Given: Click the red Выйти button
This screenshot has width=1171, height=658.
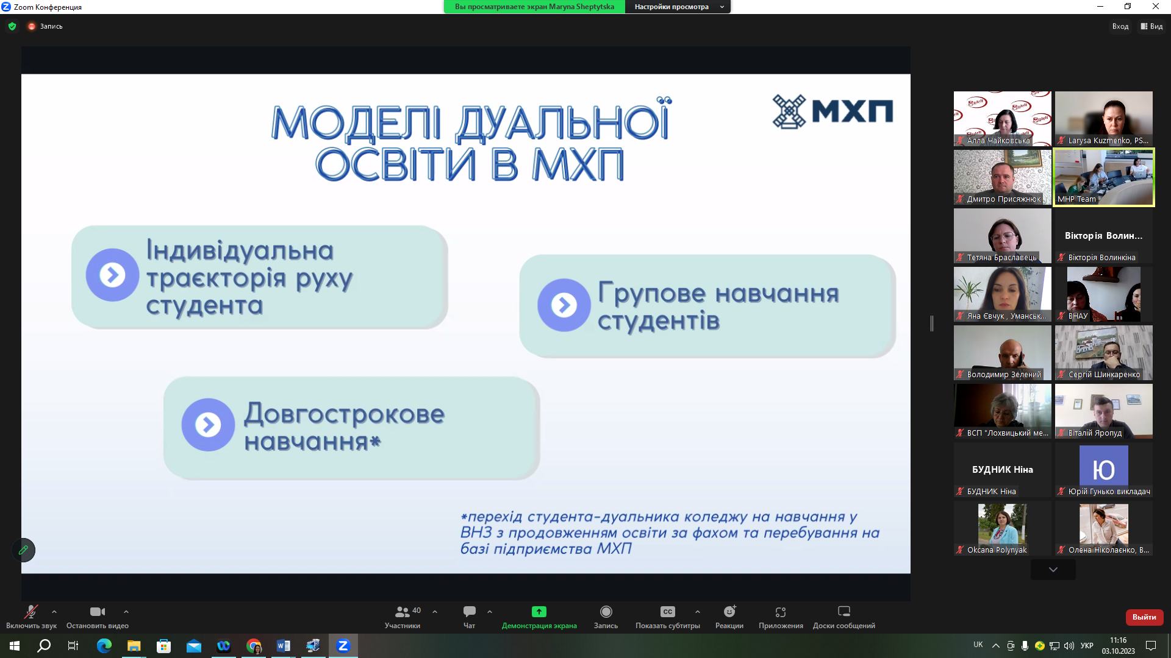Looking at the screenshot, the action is (1144, 617).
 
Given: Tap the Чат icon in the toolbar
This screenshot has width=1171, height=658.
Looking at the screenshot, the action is (469, 612).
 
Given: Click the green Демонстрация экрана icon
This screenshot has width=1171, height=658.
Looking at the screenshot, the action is (539, 612).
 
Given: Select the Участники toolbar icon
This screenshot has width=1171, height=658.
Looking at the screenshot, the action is (403, 612).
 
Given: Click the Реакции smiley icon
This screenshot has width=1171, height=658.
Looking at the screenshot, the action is (729, 612).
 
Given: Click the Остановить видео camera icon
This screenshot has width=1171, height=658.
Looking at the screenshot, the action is (98, 612).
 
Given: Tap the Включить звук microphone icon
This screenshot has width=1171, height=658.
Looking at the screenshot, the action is (30, 612).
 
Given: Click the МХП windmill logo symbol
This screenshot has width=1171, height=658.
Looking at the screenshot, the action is (790, 111).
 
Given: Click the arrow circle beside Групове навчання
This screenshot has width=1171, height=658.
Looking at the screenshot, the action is (564, 305).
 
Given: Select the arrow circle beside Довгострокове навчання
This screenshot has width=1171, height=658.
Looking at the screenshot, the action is (208, 425).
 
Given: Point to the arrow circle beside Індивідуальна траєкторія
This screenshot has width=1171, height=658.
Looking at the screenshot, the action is (112, 275).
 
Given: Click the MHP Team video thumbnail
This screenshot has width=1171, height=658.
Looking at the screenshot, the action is (1104, 177).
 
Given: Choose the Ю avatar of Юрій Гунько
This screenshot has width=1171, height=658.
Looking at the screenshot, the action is (1104, 466).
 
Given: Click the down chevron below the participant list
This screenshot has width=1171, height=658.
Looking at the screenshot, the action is (1053, 570).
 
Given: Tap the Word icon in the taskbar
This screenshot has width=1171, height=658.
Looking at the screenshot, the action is (284, 646).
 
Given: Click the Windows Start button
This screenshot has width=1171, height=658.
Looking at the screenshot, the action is (15, 646).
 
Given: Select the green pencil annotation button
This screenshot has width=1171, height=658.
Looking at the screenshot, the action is (23, 550).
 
